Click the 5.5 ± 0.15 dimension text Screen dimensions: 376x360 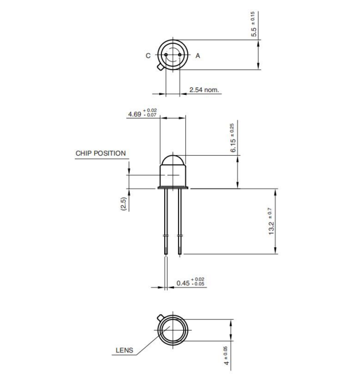(x=253, y=24)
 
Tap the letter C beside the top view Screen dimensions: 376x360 (x=148, y=56)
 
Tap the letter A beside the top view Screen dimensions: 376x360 (x=198, y=56)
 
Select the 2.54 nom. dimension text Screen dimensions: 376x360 (x=204, y=90)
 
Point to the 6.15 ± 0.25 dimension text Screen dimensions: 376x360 (x=233, y=139)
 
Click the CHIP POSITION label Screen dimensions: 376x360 (x=100, y=154)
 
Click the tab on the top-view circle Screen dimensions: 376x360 (x=160, y=67)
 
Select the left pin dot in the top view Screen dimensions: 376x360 (x=166, y=55)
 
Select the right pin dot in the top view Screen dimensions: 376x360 (x=180, y=55)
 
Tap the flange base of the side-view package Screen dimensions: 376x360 (x=173, y=187)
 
